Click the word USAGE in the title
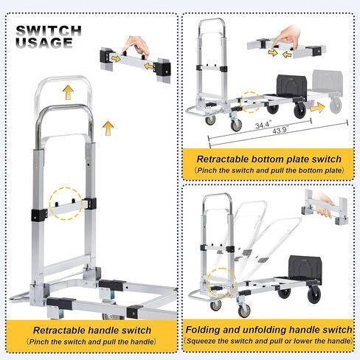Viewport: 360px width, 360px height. (x=45, y=43)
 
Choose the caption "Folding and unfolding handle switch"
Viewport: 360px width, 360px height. (x=268, y=330)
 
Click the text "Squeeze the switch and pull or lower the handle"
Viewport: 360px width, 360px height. (x=268, y=343)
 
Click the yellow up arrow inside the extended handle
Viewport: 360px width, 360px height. (x=67, y=92)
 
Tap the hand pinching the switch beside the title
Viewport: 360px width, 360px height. (x=134, y=46)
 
